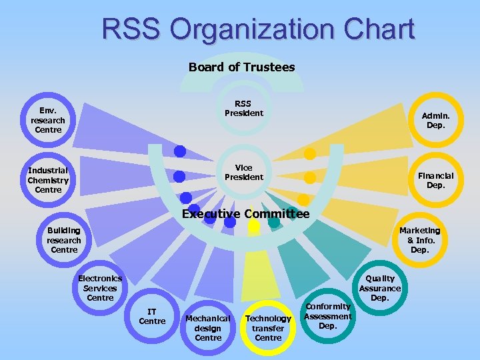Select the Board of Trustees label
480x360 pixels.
click(241, 67)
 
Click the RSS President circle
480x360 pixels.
click(243, 109)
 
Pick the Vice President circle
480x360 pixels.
click(243, 172)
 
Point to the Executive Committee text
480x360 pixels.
click(245, 214)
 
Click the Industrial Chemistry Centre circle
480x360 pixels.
click(48, 180)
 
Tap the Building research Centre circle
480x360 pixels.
click(64, 240)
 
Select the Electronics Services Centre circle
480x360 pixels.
click(100, 288)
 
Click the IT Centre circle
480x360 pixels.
click(152, 317)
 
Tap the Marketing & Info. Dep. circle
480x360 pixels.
click(419, 240)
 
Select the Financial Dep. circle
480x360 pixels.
click(435, 180)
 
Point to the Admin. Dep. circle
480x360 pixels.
click(435, 120)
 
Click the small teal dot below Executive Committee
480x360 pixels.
click(274, 223)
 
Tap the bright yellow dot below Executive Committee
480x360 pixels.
click(253, 226)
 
